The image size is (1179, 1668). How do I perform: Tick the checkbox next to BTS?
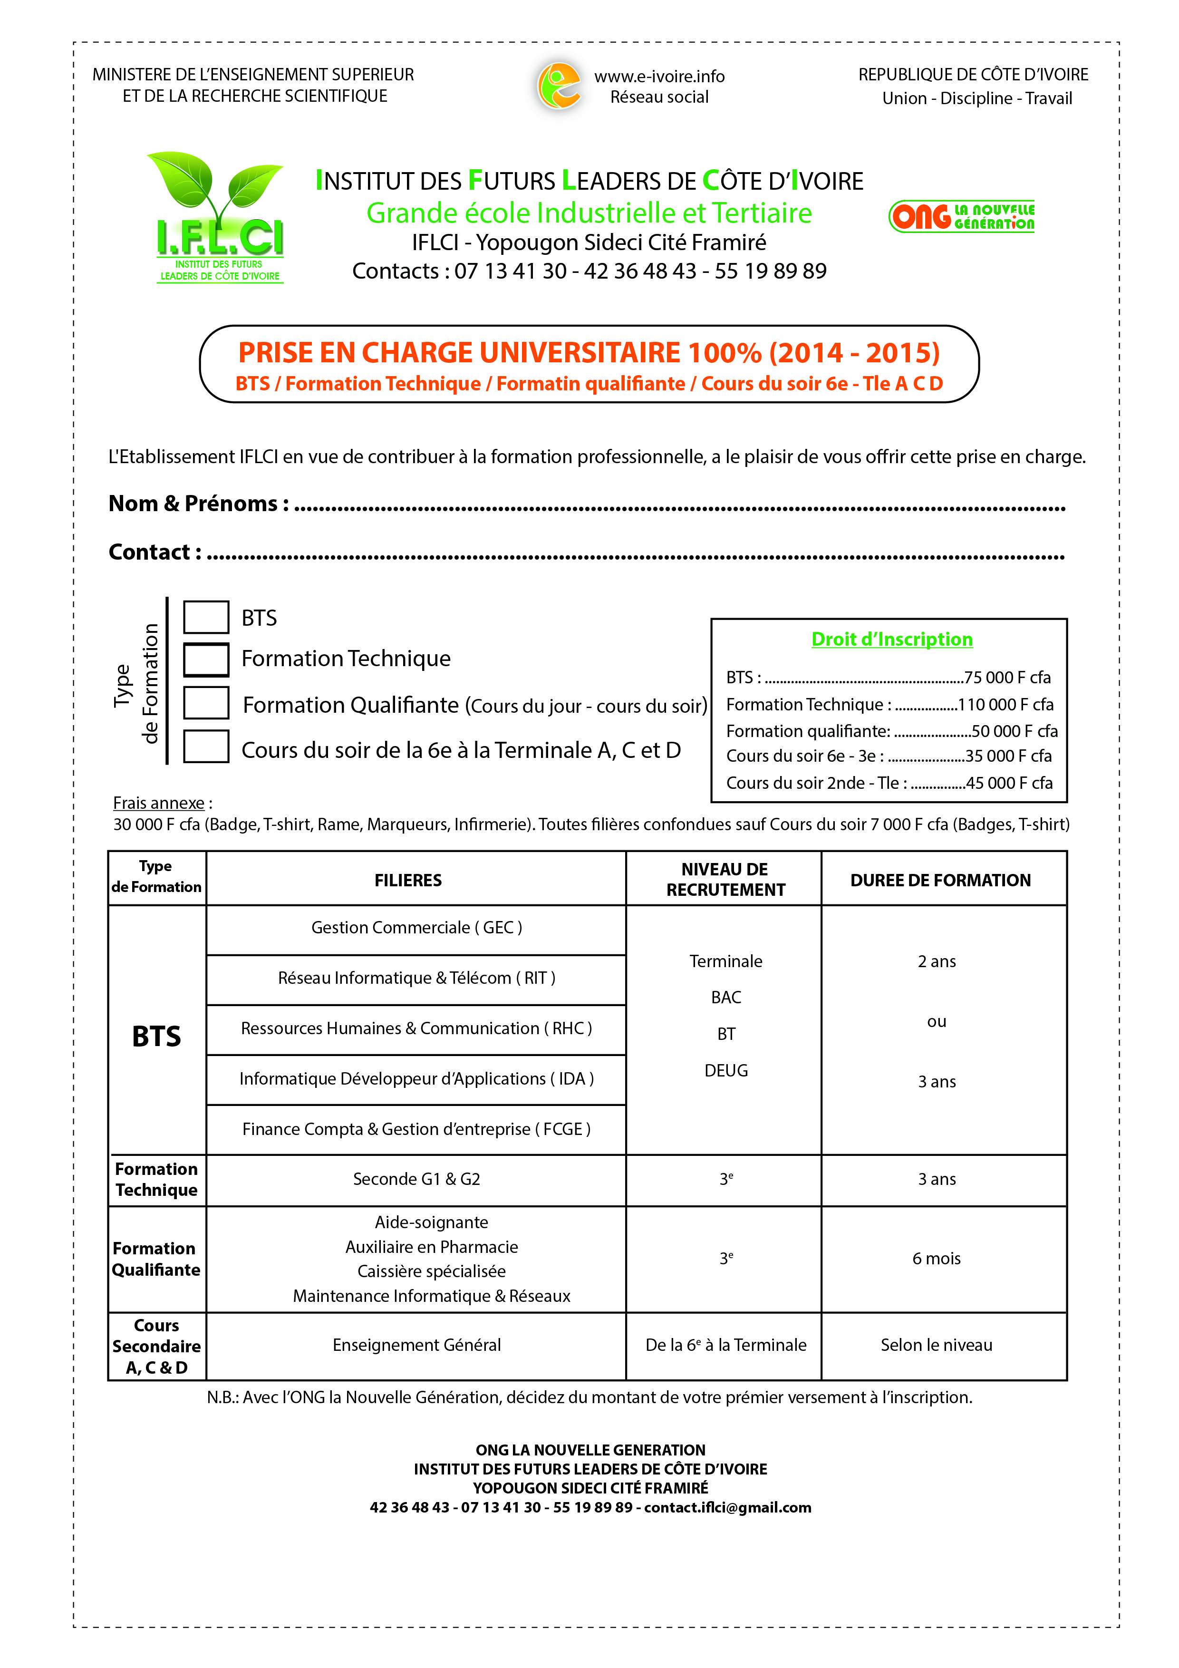point(205,617)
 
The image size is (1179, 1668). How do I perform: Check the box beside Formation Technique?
point(205,659)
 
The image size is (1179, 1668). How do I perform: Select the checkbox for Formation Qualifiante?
point(205,702)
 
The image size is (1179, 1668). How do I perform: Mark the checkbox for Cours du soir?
point(205,746)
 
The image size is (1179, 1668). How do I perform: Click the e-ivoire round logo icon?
point(559,86)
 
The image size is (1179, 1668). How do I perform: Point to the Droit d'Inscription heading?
point(891,640)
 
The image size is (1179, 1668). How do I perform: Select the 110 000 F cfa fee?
point(1005,705)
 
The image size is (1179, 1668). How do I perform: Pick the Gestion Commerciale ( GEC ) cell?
point(416,928)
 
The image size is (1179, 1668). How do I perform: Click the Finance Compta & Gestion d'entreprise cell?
point(416,1129)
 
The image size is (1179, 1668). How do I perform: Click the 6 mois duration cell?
point(937,1258)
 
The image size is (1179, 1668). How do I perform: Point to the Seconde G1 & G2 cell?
point(416,1179)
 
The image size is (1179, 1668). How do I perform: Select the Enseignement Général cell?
point(416,1345)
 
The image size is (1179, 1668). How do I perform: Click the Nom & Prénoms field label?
point(198,504)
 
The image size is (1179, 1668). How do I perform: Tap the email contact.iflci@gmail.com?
point(727,1507)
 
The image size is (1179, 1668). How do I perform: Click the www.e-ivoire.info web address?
point(659,76)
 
